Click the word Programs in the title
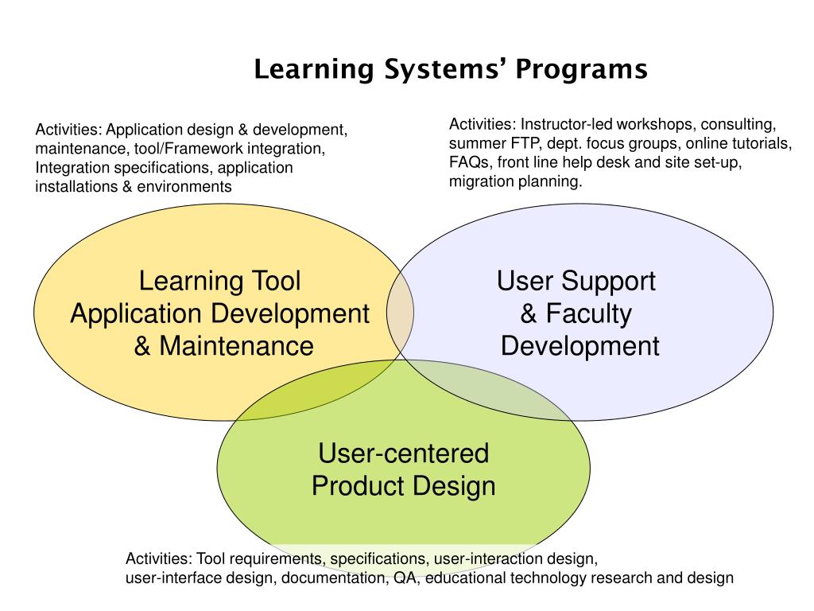pos(583,70)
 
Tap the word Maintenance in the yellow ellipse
pos(235,346)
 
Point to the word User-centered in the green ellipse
pos(403,453)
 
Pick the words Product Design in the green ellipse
pos(403,486)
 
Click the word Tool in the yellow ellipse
pos(276,281)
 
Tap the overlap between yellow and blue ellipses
pos(401,311)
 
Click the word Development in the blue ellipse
pos(580,346)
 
